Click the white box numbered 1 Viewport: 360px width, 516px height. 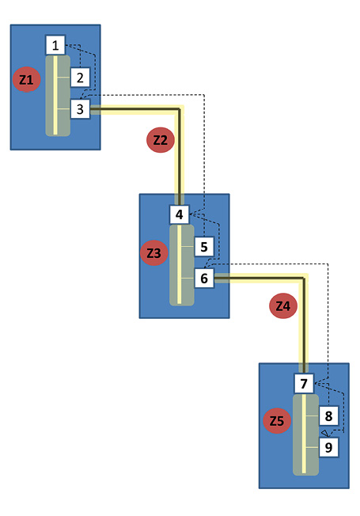(x=55, y=45)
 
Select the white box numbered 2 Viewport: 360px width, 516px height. (x=81, y=77)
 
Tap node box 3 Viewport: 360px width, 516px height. (x=81, y=108)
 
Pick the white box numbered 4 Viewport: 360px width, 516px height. (x=180, y=214)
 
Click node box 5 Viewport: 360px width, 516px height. (x=204, y=247)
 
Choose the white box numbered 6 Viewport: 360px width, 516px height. (x=204, y=279)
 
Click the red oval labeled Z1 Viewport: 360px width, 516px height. (x=27, y=79)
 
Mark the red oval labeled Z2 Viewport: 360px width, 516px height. (x=161, y=140)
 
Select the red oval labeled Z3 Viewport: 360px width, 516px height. (x=154, y=252)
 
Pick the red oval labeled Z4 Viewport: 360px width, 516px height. (x=282, y=306)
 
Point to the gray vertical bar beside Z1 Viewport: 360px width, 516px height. (x=57, y=95)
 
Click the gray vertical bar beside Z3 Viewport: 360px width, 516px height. (x=181, y=265)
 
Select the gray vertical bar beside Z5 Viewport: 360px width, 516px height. (x=305, y=435)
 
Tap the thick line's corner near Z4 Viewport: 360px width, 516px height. (x=304, y=278)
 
